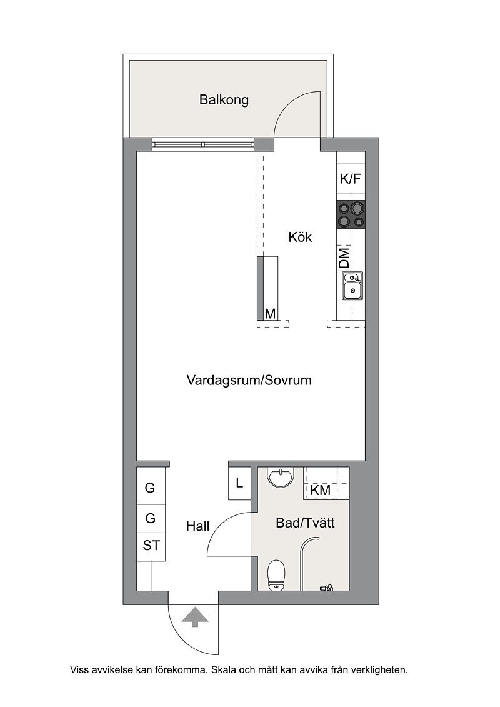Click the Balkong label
[x=224, y=99]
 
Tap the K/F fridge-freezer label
[x=351, y=179]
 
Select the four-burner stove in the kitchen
[x=351, y=214]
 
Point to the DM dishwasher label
[x=344, y=258]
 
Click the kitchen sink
[x=352, y=286]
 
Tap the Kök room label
[x=300, y=237]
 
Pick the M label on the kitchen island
[x=270, y=313]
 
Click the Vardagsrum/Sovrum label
[x=249, y=380]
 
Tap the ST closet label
[x=151, y=546]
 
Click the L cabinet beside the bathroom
[x=239, y=483]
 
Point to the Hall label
[x=198, y=526]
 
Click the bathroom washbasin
[x=281, y=478]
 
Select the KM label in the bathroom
[x=321, y=490]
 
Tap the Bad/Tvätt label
[x=305, y=523]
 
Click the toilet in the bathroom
[x=276, y=575]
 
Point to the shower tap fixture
[x=326, y=588]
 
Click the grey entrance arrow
[x=195, y=617]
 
